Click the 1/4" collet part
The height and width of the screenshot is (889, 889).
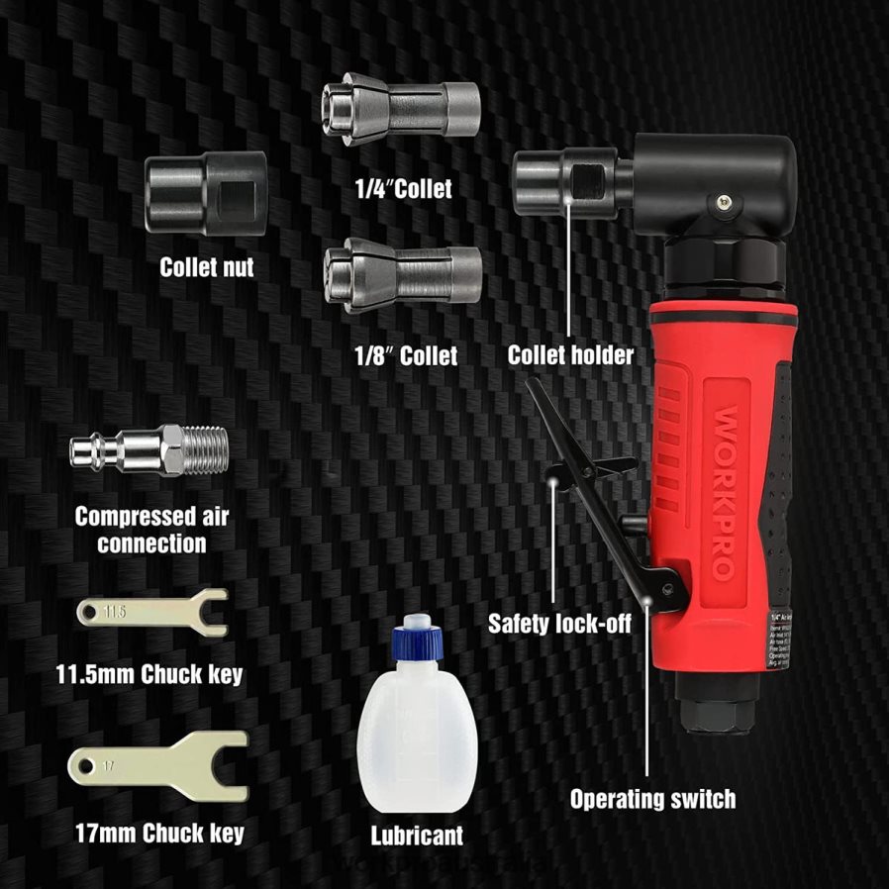tap(401, 116)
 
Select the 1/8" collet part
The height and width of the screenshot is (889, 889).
tap(403, 277)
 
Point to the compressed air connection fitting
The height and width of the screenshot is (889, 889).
tap(148, 453)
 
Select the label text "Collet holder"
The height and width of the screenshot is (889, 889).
tap(570, 354)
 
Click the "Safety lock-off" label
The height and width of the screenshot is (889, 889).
tap(559, 625)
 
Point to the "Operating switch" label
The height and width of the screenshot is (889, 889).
tap(652, 799)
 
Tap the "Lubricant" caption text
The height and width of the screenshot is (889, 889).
tap(417, 835)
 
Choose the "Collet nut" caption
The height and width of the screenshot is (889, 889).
tap(206, 266)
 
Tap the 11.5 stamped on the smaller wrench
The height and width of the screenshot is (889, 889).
tap(116, 613)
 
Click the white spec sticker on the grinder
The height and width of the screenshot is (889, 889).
tap(782, 643)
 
